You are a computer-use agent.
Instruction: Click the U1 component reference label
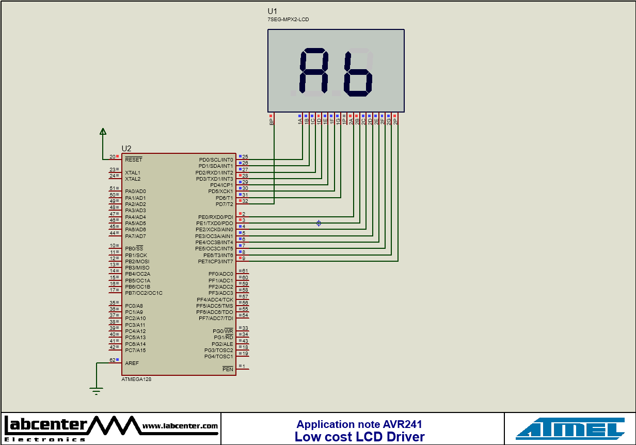272,11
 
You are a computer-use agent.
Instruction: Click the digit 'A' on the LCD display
313,73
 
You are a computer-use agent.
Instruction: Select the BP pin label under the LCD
271,122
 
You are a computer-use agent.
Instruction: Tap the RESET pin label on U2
133,160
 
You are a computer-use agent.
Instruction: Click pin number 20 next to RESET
112,156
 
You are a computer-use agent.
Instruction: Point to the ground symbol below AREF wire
96,391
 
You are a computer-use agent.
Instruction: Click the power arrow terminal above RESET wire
103,132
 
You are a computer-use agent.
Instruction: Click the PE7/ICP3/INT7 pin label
215,261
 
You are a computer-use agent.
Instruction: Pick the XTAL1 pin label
133,172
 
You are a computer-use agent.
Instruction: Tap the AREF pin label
132,363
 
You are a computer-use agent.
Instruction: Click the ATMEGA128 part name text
136,379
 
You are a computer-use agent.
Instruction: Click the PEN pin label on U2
228,369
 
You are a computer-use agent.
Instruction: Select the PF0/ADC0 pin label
220,274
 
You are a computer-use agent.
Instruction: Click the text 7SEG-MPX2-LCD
288,20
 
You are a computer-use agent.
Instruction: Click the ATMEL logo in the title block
570,428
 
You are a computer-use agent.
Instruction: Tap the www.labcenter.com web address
180,426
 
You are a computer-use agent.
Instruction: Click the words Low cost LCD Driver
359,437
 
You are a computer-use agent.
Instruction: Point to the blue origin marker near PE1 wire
319,223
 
